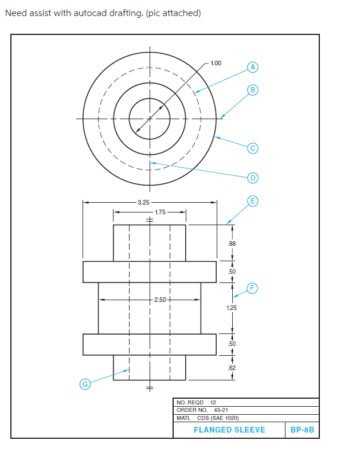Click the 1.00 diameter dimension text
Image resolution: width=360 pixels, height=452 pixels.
[216, 63]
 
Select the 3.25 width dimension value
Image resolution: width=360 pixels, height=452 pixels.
[144, 202]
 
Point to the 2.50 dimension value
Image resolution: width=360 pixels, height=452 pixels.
[161, 300]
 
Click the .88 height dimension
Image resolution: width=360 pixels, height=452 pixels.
[232, 243]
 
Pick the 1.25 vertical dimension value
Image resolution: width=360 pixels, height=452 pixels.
[232, 308]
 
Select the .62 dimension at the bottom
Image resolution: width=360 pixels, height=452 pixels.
[232, 367]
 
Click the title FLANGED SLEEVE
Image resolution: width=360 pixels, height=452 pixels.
[229, 430]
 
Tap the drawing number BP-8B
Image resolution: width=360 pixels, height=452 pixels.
[302, 430]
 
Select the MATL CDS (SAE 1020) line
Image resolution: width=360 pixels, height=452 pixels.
[208, 418]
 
